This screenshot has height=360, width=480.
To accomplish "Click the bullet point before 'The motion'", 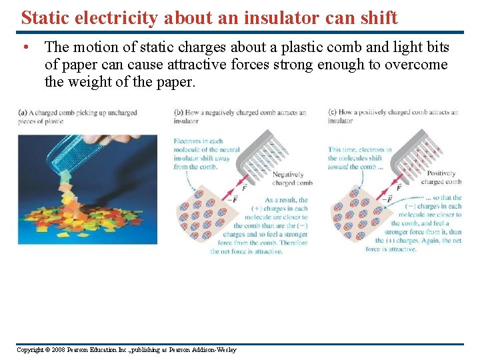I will click(x=24, y=48).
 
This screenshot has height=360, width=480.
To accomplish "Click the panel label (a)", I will click(x=23, y=113).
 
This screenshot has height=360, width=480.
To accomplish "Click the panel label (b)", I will click(x=178, y=113).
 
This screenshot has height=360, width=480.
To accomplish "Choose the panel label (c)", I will click(x=332, y=113).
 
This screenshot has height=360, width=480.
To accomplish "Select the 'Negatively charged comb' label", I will click(x=293, y=179).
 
